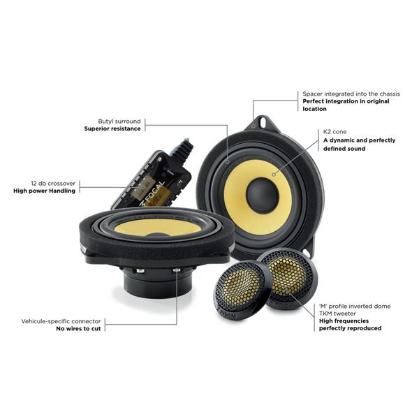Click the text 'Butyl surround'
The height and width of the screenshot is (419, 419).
click(x=119, y=122)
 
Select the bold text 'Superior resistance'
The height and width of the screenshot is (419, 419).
click(x=112, y=128)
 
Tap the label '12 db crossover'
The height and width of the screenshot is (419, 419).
click(x=53, y=184)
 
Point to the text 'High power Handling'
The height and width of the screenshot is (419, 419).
click(x=45, y=191)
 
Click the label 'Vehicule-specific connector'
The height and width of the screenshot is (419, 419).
click(x=61, y=321)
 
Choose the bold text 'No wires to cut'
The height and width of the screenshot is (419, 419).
click(x=78, y=329)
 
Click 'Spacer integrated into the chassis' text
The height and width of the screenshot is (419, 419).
click(x=351, y=94)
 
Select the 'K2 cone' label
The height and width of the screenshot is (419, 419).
click(x=335, y=132)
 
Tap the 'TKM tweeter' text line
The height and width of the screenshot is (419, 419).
click(x=337, y=314)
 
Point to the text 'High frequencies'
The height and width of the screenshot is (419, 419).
click(x=344, y=321)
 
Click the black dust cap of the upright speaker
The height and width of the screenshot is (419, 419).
click(x=262, y=196)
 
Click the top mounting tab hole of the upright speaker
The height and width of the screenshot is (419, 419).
click(x=263, y=123)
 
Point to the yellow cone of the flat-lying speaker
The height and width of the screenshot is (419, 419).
click(x=158, y=228)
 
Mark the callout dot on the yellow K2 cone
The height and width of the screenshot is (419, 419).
click(x=274, y=174)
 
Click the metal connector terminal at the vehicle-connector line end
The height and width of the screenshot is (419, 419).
click(x=176, y=270)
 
